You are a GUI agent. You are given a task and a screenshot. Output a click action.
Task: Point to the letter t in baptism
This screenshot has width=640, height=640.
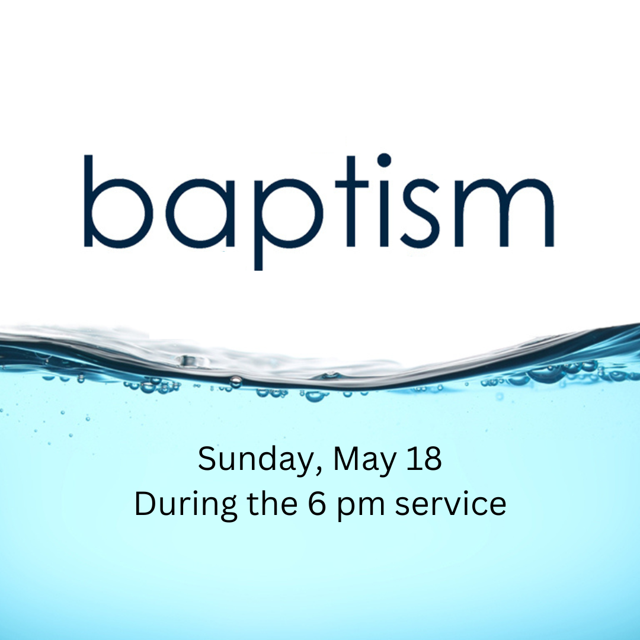(x=351, y=201)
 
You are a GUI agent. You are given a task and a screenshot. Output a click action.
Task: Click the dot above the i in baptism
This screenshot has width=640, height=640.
(x=384, y=161)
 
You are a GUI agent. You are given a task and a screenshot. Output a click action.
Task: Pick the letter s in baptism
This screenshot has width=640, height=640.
(x=420, y=213)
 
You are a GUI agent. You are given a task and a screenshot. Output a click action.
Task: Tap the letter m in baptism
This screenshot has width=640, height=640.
(x=504, y=213)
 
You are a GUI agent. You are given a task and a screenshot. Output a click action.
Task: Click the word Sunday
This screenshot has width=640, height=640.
(x=253, y=459)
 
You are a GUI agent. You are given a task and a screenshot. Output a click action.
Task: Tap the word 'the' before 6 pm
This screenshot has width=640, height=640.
(x=272, y=503)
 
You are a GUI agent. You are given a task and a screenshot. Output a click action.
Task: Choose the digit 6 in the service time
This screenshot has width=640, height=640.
(x=317, y=504)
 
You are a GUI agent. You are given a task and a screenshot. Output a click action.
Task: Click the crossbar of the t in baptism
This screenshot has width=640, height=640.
(x=352, y=184)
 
